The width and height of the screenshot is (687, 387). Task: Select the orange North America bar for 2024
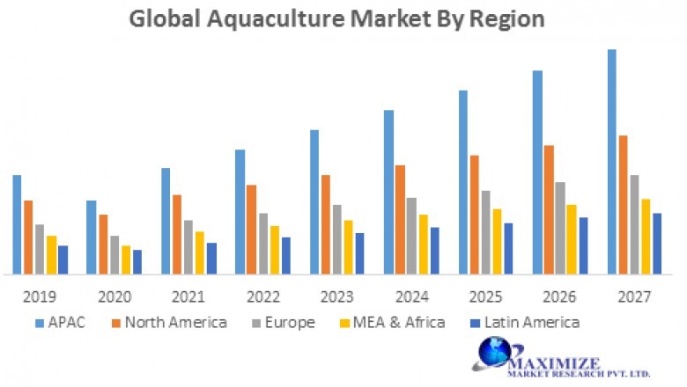400,220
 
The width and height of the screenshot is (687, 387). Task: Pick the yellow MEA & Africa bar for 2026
572,239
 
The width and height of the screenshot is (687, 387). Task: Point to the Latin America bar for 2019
63,259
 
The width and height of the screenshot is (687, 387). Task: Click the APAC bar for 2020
91,237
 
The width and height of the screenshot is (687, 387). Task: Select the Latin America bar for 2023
359,253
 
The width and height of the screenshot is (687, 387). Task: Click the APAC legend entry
62,322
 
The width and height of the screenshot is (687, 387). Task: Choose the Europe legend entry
280,322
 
